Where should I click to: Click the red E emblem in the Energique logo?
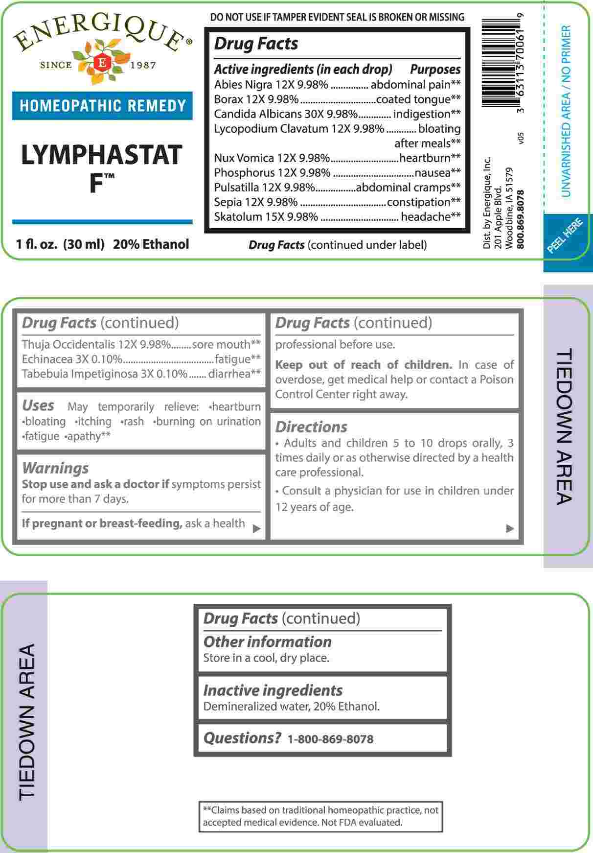102,63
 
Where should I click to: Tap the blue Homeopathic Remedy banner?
102,106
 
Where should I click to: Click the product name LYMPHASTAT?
102,155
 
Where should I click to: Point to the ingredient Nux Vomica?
244,158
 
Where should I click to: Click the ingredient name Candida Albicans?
254,114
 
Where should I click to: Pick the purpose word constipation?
418,202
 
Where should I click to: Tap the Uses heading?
38,405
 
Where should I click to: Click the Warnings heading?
55,468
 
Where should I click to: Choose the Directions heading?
311,427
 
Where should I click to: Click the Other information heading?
267,642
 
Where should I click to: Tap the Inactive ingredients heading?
273,690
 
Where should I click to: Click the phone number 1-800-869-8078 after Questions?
330,739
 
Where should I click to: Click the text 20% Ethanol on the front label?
151,244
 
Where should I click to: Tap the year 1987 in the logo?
143,65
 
